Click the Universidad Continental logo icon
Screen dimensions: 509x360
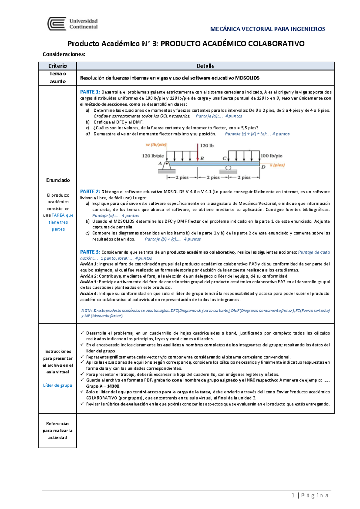(57, 24)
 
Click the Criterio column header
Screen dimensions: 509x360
(58, 66)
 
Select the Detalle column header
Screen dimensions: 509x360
(205, 66)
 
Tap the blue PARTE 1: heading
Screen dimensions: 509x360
(90, 92)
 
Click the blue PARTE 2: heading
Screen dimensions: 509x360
(90, 192)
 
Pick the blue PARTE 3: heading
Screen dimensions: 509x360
(90, 252)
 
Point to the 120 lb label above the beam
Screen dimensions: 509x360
(207, 146)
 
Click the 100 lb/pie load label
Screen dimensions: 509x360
(271, 156)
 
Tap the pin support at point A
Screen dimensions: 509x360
(167, 166)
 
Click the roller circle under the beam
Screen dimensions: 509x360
(228, 168)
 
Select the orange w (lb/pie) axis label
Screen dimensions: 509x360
(156, 145)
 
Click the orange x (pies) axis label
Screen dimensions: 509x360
(277, 165)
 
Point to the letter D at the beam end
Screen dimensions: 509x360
(263, 167)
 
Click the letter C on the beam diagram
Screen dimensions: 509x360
(224, 158)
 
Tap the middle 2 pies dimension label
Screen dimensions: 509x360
(213, 177)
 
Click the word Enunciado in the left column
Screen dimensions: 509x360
(58, 180)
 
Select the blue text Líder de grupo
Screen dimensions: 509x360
(58, 385)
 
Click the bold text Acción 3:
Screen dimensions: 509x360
(88, 282)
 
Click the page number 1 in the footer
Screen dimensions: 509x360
(293, 496)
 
